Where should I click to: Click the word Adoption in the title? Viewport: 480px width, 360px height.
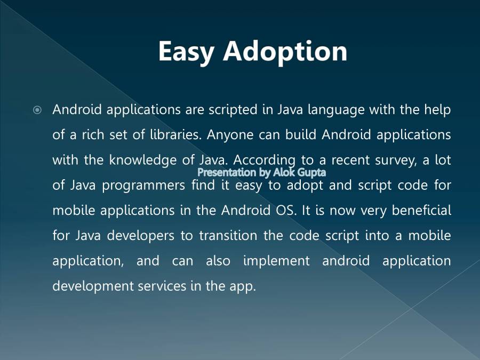click(x=285, y=52)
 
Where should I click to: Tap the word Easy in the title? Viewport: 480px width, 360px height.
click(x=186, y=52)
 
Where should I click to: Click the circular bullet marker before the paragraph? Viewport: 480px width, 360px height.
click(x=37, y=110)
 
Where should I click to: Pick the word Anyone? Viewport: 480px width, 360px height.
click(x=230, y=135)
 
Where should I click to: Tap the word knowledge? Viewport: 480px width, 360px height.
click(x=142, y=161)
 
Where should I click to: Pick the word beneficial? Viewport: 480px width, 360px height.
click(x=421, y=210)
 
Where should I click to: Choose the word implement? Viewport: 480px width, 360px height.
click(x=276, y=261)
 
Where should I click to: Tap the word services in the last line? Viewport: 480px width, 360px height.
click(x=162, y=286)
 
